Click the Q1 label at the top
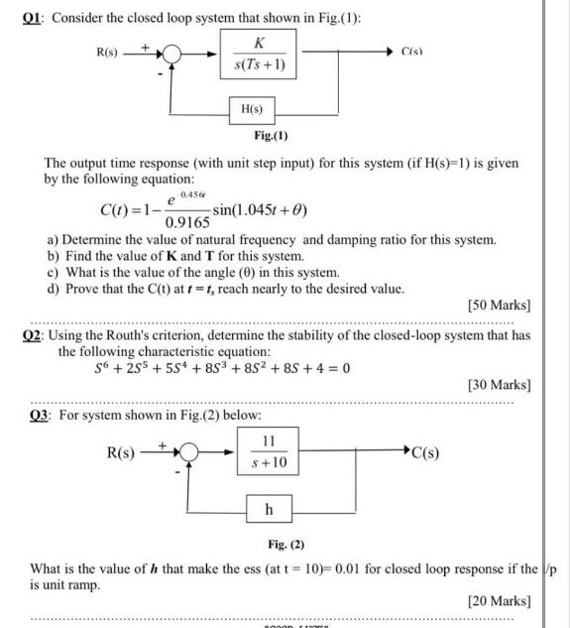click(20, 16)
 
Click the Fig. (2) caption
click(285, 545)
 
